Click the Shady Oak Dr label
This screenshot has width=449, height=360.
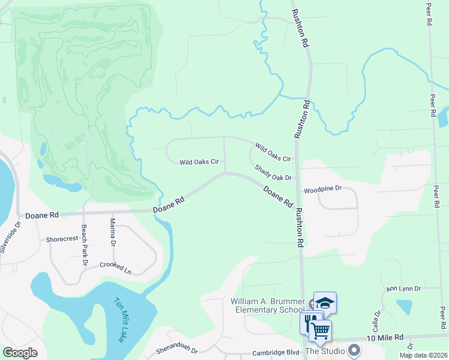[x=273, y=173]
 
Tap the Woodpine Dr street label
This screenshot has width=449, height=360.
[x=322, y=188]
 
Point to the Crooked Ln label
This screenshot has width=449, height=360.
[x=115, y=268]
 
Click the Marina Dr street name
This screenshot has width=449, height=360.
[x=112, y=233]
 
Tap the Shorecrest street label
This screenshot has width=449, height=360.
[x=62, y=239]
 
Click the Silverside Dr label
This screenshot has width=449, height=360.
[x=10, y=237]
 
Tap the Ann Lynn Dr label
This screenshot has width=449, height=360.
[x=404, y=289]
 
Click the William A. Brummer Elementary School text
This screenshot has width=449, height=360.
[x=267, y=305]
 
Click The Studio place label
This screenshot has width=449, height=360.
[x=327, y=350]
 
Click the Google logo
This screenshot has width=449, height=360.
[x=20, y=353]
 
